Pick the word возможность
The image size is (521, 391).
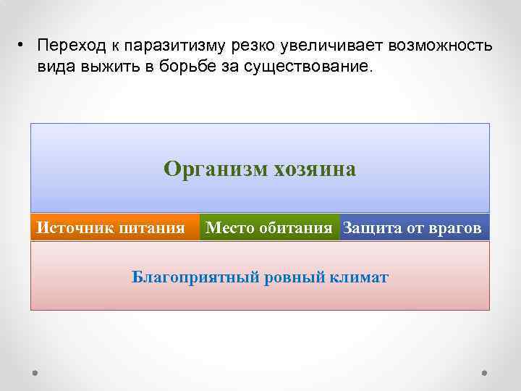pyautogui.click(x=441, y=46)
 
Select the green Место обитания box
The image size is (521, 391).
pyautogui.click(x=269, y=228)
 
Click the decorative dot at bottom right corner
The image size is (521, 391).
pyautogui.click(x=483, y=372)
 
